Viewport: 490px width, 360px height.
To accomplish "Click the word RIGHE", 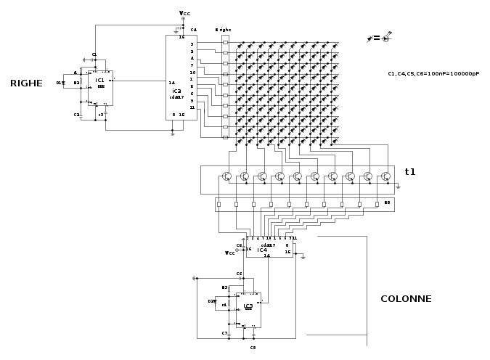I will tap(26, 83).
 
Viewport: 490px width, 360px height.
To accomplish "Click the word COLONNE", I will tap(406, 298).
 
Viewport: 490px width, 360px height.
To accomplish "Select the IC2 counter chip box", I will tap(176, 78).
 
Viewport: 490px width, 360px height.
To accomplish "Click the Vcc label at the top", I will tap(185, 13).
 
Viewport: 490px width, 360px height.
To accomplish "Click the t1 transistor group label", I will tap(410, 172).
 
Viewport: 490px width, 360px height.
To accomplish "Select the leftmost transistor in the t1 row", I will tap(227, 176).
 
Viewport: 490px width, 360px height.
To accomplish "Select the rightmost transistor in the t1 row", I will tap(385, 176).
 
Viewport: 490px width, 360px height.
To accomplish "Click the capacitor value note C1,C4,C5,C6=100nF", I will tap(433, 73).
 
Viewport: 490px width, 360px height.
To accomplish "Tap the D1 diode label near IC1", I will tap(60, 83).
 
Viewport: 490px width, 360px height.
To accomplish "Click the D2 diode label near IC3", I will tap(212, 300).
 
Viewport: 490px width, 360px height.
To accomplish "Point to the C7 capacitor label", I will tap(224, 332).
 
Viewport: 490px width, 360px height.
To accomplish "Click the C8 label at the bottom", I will tap(253, 347).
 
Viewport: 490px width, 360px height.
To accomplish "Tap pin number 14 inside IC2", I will tap(171, 82).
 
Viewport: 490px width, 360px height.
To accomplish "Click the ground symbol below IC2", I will tap(172, 133).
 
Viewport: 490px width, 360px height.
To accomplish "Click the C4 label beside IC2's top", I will tap(194, 30).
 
